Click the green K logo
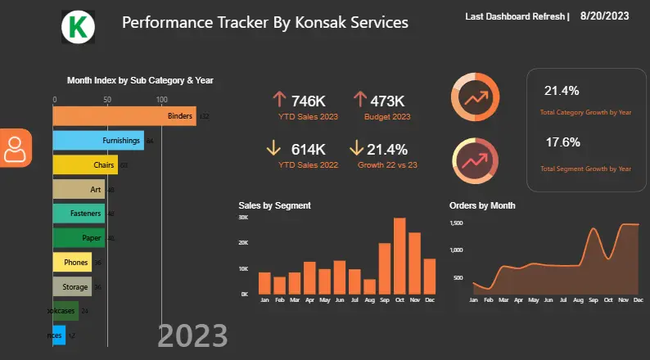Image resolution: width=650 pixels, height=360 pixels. pyautogui.click(x=79, y=28)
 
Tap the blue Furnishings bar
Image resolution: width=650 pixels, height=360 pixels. pyautogui.click(x=98, y=141)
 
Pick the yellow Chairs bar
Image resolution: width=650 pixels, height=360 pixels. pyautogui.click(x=85, y=165)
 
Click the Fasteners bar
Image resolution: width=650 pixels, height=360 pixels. pyautogui.click(x=79, y=214)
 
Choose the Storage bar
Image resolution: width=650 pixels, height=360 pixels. pyautogui.click(x=72, y=286)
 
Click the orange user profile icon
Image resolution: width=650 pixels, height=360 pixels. pyautogui.click(x=15, y=147)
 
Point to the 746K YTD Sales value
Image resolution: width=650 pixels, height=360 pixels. pyautogui.click(x=308, y=101)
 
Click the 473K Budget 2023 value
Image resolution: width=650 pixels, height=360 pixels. pyautogui.click(x=387, y=101)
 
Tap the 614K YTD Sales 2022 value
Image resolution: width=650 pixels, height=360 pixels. pyautogui.click(x=308, y=149)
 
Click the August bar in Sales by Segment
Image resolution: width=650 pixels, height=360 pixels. pyautogui.click(x=370, y=286)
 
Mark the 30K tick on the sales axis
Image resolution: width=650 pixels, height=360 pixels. pyautogui.click(x=243, y=218)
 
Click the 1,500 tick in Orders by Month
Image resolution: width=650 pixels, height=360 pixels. pyautogui.click(x=457, y=223)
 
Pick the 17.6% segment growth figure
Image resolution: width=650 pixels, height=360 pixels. pyautogui.click(x=562, y=142)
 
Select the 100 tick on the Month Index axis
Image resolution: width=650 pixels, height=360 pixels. pyautogui.click(x=161, y=99)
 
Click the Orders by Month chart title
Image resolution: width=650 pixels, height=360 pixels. pyautogui.click(x=482, y=205)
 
